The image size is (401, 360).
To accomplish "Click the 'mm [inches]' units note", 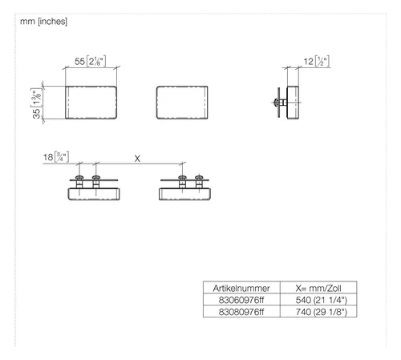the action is point(43,22).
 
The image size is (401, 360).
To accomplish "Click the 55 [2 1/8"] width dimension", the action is point(91,61).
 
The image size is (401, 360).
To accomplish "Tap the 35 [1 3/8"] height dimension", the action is point(37,103).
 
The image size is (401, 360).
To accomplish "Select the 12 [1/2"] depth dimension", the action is point(317,62).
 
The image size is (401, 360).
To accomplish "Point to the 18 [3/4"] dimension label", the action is point(56,157).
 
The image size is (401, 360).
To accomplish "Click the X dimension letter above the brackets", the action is point(137,159).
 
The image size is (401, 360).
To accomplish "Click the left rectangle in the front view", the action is point(91,103).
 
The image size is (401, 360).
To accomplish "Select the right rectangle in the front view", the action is point(182,103).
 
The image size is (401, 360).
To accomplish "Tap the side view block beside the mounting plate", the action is point(293,103).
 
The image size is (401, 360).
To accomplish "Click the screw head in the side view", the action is point(276,102).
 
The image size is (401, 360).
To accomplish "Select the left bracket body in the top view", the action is point(94,194).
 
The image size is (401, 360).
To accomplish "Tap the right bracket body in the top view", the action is point(184,194).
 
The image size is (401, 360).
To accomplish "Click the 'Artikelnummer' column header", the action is point(241,288).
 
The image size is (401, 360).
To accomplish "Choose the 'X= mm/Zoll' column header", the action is point(318,288).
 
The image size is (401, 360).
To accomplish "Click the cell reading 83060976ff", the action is point(241,300).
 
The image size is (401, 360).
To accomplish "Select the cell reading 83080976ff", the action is point(241,312).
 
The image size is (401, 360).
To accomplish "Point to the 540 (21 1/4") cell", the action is point(322,300).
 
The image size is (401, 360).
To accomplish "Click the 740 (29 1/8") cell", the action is point(322,312).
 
